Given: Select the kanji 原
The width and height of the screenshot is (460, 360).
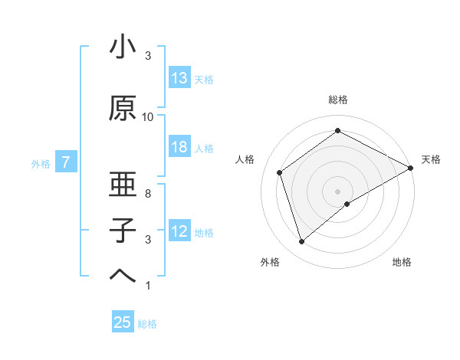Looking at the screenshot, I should pyautogui.click(x=123, y=109).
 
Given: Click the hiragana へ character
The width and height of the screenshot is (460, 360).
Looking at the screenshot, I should pyautogui.click(x=123, y=277).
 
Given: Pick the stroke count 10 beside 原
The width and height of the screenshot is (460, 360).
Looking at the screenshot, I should pyautogui.click(x=148, y=117).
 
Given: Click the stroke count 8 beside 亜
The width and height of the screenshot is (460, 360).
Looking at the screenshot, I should pyautogui.click(x=148, y=195).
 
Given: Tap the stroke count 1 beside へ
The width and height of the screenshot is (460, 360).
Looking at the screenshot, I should pyautogui.click(x=148, y=286).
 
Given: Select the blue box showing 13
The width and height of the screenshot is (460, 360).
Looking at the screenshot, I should pyautogui.click(x=179, y=78).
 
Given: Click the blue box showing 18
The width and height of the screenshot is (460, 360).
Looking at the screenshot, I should pyautogui.click(x=179, y=147).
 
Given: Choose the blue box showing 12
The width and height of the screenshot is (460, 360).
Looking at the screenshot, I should pyautogui.click(x=179, y=231).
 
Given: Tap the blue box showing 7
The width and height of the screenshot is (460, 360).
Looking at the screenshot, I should pyautogui.click(x=66, y=162).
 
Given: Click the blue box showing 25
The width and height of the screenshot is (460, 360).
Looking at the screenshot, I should pyautogui.click(x=123, y=322).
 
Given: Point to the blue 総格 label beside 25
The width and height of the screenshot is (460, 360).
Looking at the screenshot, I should pyautogui.click(x=147, y=324).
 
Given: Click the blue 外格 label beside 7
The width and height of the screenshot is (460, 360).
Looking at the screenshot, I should pyautogui.click(x=41, y=163).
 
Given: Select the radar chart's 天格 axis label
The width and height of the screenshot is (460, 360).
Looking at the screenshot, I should pyautogui.click(x=431, y=159).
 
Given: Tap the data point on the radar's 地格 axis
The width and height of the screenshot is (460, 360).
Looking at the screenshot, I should pyautogui.click(x=347, y=204).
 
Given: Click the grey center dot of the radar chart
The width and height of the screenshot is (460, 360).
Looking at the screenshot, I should pyautogui.click(x=338, y=191).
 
